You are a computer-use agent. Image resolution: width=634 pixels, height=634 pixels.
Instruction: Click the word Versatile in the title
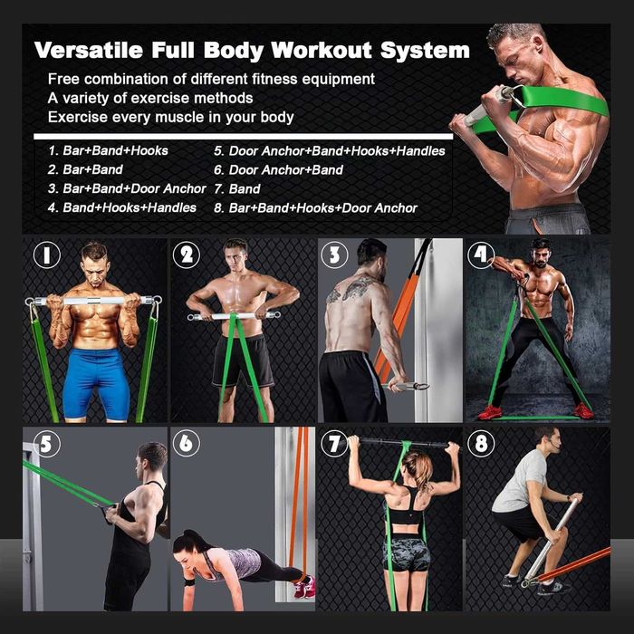click(x=89, y=50)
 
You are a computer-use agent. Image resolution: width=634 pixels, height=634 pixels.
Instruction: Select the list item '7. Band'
click(x=237, y=188)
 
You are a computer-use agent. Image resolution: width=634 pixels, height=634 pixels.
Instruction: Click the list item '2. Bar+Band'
click(x=85, y=169)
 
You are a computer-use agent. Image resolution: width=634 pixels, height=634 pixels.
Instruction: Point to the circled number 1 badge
click(x=47, y=255)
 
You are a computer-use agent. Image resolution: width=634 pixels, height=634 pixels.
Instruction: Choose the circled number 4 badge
click(x=480, y=255)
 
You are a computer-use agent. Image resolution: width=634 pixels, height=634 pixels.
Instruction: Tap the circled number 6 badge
click(x=186, y=443)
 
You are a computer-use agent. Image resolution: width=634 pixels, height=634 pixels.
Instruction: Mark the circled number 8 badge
click(x=481, y=443)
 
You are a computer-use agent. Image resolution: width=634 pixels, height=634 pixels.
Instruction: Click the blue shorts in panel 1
click(x=96, y=384)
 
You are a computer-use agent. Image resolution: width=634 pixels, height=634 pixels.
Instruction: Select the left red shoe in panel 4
click(x=490, y=412)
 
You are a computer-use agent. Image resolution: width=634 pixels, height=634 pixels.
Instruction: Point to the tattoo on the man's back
click(x=351, y=290)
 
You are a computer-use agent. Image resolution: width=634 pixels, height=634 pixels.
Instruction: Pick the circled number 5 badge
click(x=47, y=444)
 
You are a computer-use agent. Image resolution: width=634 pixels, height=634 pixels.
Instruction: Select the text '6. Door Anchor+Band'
click(x=278, y=170)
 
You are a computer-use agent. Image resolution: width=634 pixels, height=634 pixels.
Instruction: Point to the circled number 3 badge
click(x=334, y=255)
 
